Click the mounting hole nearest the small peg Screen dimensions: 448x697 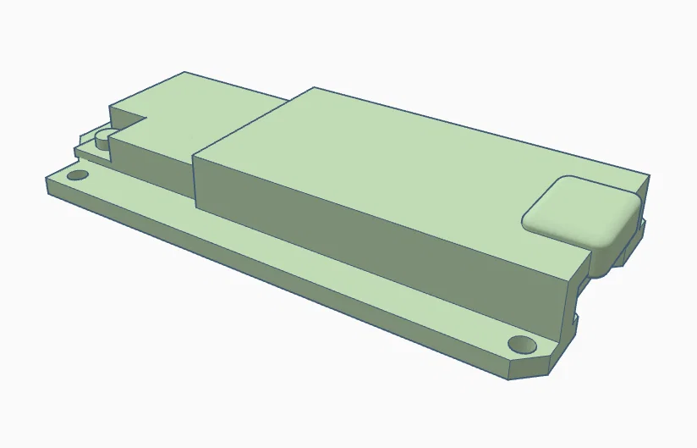(x=78, y=175)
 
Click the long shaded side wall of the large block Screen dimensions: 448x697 (x=381, y=246)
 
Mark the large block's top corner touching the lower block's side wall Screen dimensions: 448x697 (x=195, y=155)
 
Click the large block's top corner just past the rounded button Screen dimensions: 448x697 (x=649, y=175)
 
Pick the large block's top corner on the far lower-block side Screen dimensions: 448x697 (x=315, y=87)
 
